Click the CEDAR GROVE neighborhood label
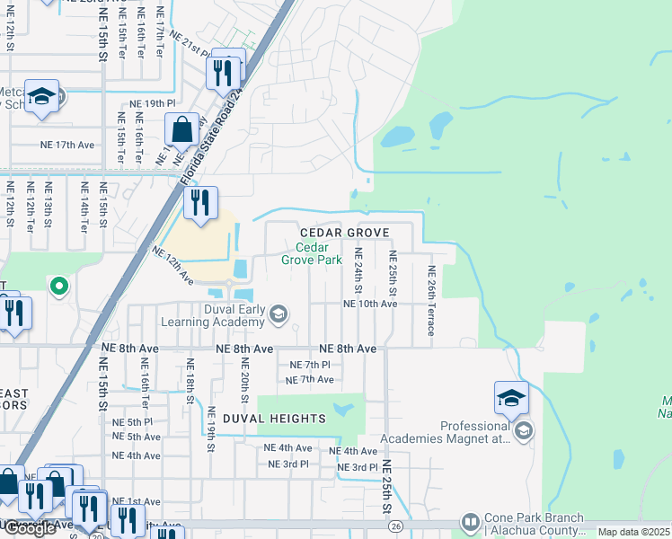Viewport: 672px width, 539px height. (345, 233)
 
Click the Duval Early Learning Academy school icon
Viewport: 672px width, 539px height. (279, 314)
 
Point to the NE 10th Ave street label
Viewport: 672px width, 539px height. (369, 305)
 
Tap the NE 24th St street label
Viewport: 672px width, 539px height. (358, 270)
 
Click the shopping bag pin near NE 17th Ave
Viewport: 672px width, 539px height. (181, 130)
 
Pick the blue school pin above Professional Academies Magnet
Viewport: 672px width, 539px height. (511, 398)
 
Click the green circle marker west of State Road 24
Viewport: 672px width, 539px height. (58, 287)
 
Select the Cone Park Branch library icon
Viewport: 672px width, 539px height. (470, 522)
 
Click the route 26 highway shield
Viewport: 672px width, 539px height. (395, 527)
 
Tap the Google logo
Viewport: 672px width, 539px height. (30, 528)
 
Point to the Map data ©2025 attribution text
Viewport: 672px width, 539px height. (633, 532)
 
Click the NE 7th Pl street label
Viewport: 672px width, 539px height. (310, 365)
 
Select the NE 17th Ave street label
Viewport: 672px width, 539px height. (67, 144)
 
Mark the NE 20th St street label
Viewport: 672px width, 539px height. (243, 377)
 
